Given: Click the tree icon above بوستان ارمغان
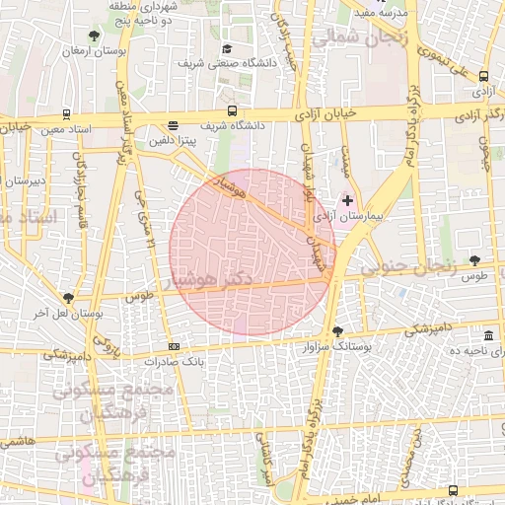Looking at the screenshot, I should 94,36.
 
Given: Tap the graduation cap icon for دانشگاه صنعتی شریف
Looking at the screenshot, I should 227,49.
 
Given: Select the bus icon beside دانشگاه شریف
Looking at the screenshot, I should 232,110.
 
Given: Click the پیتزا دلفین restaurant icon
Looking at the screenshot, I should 174,126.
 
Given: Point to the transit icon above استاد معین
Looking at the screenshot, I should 66,114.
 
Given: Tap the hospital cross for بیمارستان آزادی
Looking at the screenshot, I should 347,200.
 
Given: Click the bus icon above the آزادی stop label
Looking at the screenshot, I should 483,75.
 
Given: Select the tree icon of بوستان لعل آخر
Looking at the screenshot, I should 68,297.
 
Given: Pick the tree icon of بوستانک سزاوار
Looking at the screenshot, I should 338,331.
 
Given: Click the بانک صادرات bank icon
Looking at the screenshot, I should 175,346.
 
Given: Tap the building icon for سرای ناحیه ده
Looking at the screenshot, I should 489,335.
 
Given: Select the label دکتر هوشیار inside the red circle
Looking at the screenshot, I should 212,280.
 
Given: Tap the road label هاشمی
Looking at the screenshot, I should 18,440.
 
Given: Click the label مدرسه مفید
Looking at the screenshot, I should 376,12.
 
